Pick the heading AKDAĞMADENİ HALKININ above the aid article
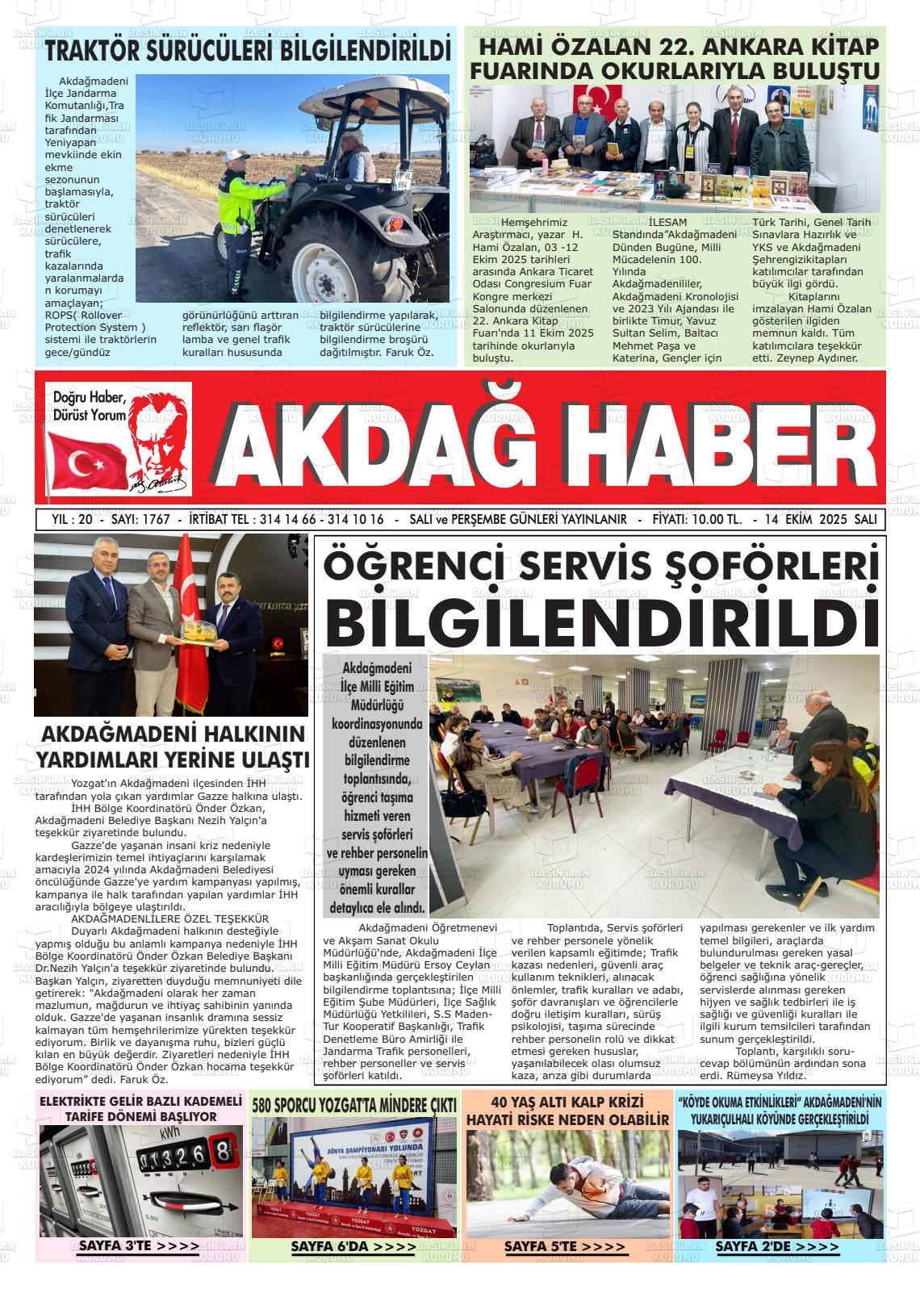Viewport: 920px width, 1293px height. (x=173, y=735)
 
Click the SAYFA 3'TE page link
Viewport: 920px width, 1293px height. (x=139, y=1246)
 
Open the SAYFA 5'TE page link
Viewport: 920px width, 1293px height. (x=565, y=1247)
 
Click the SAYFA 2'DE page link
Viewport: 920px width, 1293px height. (x=777, y=1247)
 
